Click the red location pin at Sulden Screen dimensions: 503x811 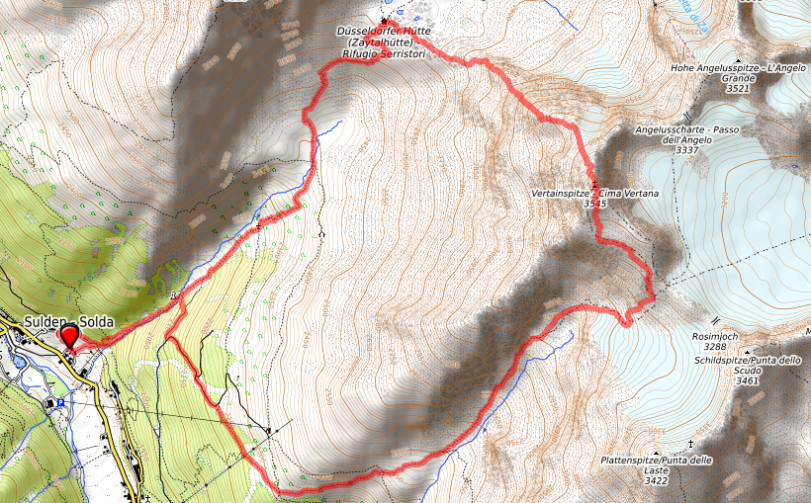pos(70,337)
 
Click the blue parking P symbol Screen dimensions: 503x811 pos(61,402)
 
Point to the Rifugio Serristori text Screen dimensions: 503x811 pos(384,55)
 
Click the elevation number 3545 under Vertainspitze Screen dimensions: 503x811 pos(594,203)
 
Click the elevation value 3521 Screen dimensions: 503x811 pos(738,89)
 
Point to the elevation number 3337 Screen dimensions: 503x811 pos(687,151)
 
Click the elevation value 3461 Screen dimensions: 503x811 pos(748,380)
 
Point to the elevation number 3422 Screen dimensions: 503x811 pos(656,481)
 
